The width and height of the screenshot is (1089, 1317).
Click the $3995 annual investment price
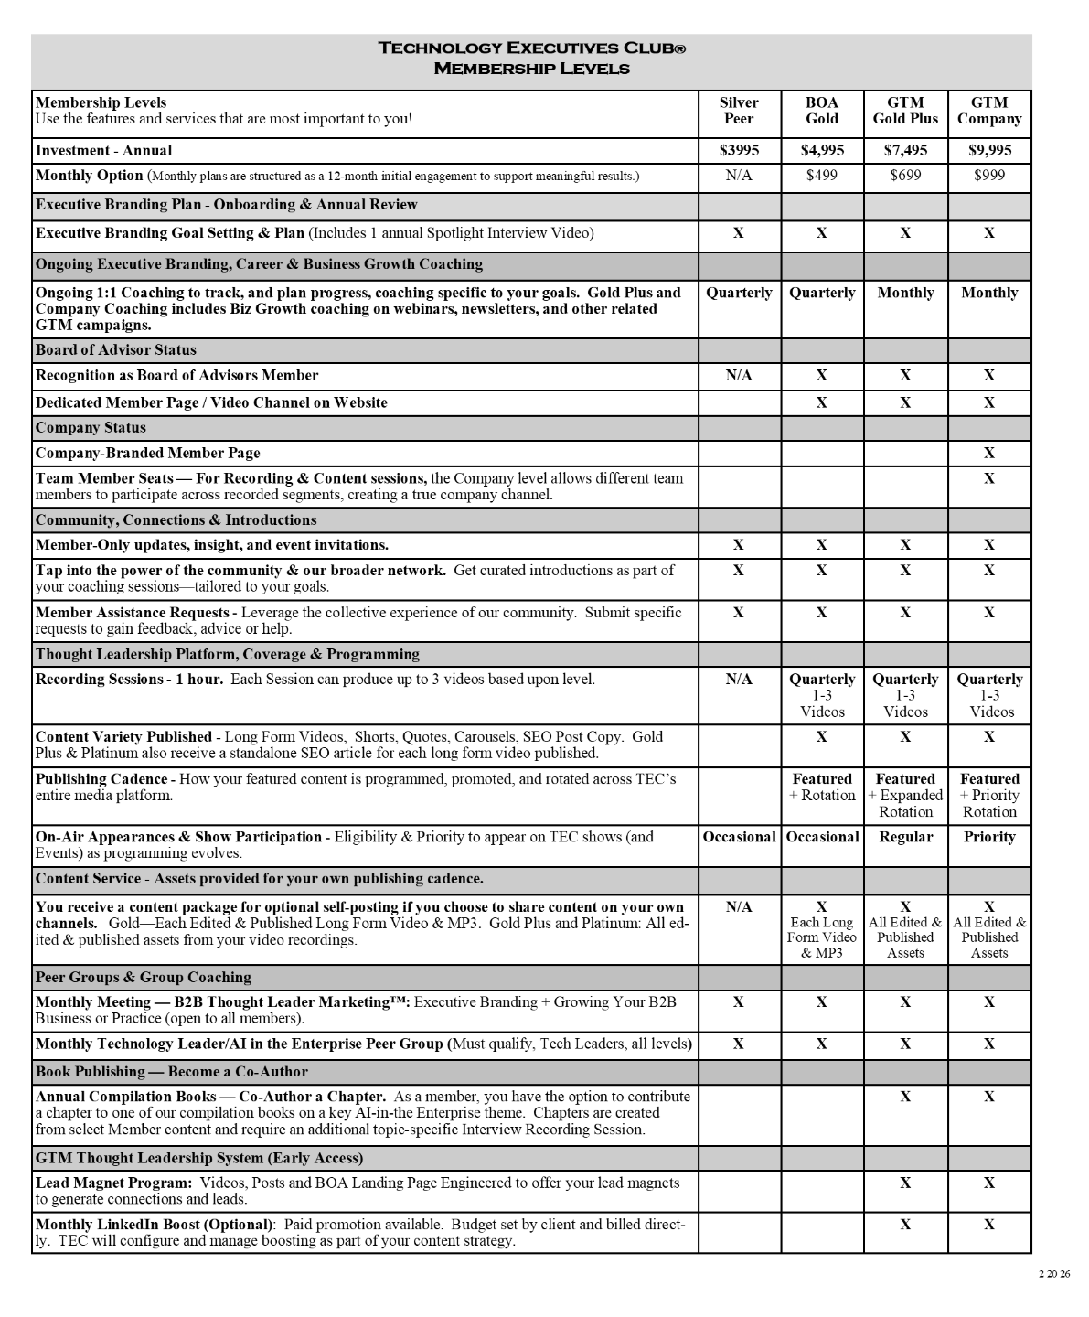739,150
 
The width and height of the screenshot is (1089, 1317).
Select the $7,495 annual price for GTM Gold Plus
905,150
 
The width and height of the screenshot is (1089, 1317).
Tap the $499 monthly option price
822,175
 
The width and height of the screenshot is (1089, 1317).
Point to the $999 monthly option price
989,175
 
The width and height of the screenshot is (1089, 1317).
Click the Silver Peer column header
739,111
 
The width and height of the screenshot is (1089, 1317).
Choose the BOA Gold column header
822,111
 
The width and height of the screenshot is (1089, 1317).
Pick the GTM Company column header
989,111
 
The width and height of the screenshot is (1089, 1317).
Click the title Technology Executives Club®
531,48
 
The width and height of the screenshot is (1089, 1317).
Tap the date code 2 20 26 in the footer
1054,1274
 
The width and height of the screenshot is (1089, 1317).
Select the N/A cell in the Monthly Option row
739,175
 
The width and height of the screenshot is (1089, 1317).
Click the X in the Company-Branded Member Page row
989,453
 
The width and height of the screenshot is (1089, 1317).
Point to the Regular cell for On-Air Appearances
905,837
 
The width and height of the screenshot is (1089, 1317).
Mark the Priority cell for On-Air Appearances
989,837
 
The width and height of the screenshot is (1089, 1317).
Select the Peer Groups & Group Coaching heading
144,977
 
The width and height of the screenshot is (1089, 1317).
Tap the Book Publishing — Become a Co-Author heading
172,1071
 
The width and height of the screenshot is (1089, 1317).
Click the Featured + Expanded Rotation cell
905,796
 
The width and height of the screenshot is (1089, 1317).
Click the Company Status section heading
91,427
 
